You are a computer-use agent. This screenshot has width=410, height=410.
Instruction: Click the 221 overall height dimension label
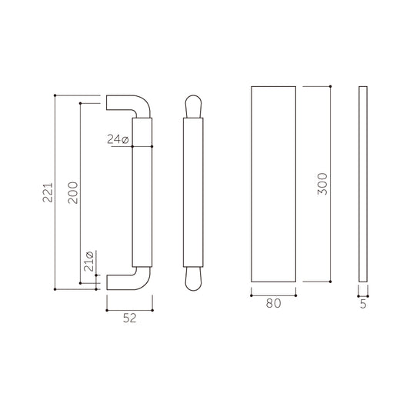click(48, 193)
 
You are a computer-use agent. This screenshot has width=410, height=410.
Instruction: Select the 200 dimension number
click(73, 193)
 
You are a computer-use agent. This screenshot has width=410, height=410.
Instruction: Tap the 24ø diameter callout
click(118, 139)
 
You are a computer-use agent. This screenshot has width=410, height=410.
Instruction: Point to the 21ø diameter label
click(88, 262)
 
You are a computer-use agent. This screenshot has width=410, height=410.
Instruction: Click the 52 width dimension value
click(130, 318)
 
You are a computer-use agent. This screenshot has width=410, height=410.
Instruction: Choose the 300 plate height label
click(322, 184)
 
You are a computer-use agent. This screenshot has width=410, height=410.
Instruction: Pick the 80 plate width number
click(274, 303)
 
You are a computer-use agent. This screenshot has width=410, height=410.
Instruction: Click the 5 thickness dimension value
click(363, 304)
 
